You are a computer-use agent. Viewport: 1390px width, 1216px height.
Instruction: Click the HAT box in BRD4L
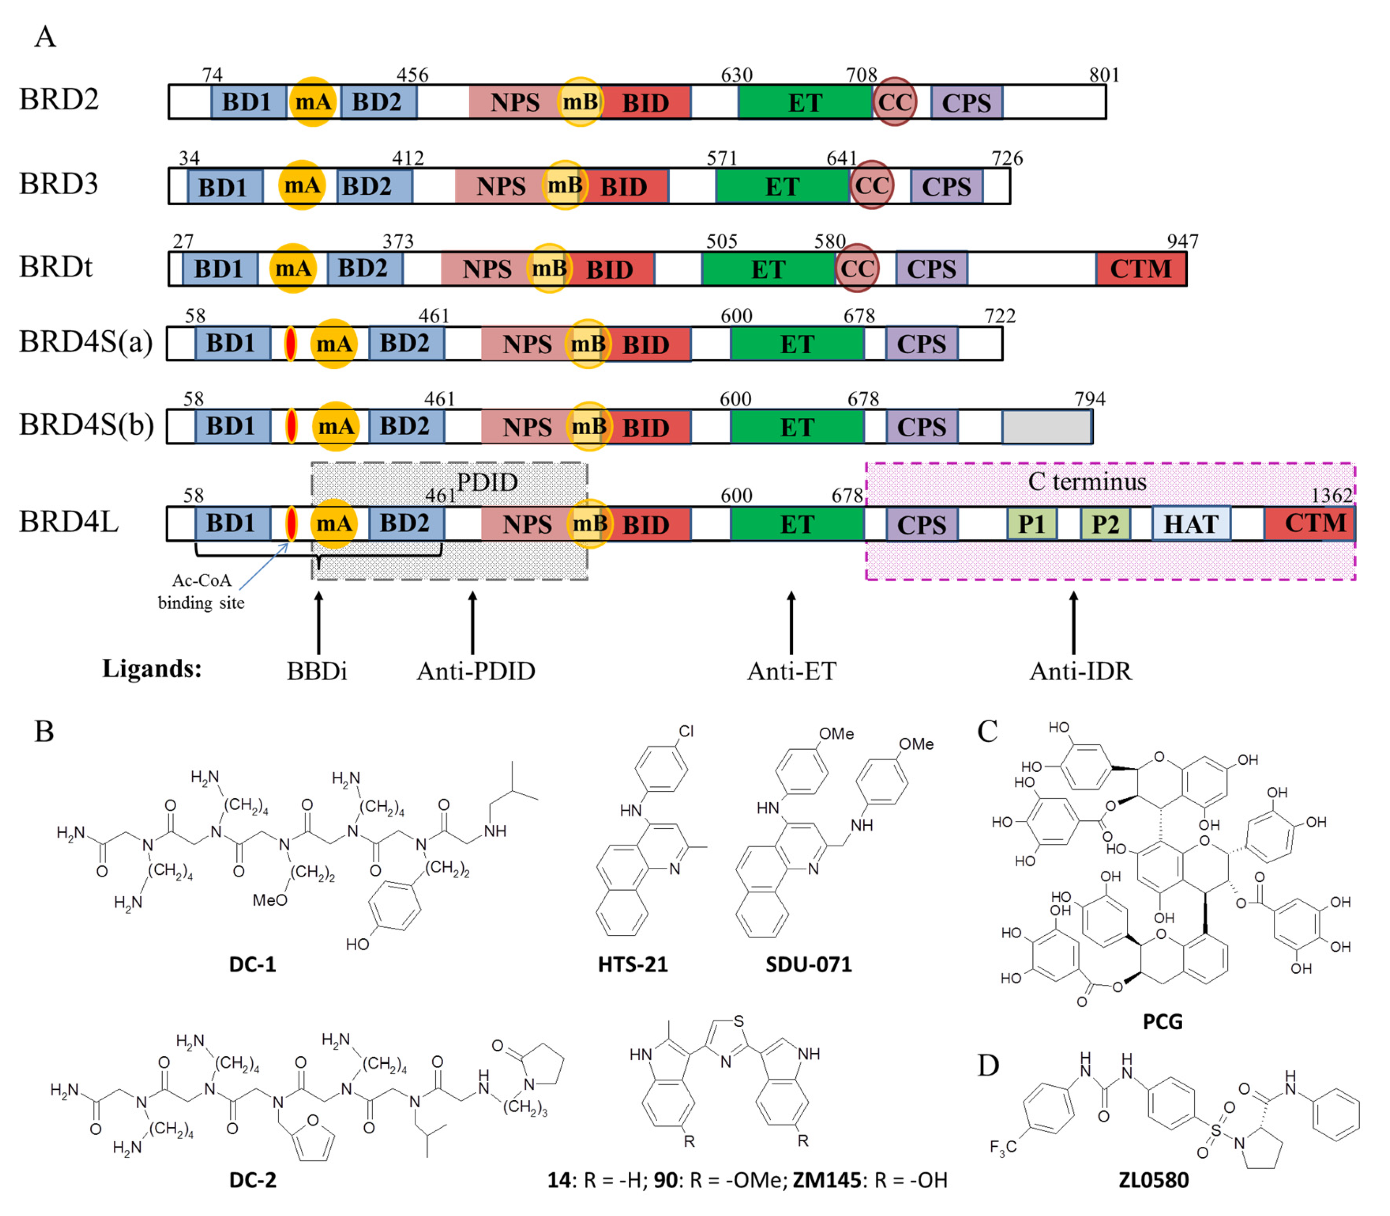click(x=1191, y=524)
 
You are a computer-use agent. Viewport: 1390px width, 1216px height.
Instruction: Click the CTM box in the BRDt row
click(x=1140, y=269)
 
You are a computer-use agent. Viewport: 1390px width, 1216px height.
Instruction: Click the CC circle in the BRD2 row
click(x=894, y=102)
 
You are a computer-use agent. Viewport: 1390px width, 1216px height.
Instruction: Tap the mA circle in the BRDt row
click(x=293, y=268)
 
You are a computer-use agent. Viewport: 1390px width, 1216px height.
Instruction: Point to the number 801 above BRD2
click(x=1104, y=75)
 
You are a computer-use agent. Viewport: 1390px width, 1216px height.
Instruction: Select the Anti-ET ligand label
click(x=792, y=671)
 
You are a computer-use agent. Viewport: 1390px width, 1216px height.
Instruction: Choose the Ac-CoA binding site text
click(x=201, y=591)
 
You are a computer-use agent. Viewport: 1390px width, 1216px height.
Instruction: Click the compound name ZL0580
click(x=1153, y=1180)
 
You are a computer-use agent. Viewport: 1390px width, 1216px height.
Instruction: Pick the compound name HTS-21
click(x=632, y=964)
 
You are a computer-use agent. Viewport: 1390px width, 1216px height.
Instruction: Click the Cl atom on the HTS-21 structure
click(x=686, y=731)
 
